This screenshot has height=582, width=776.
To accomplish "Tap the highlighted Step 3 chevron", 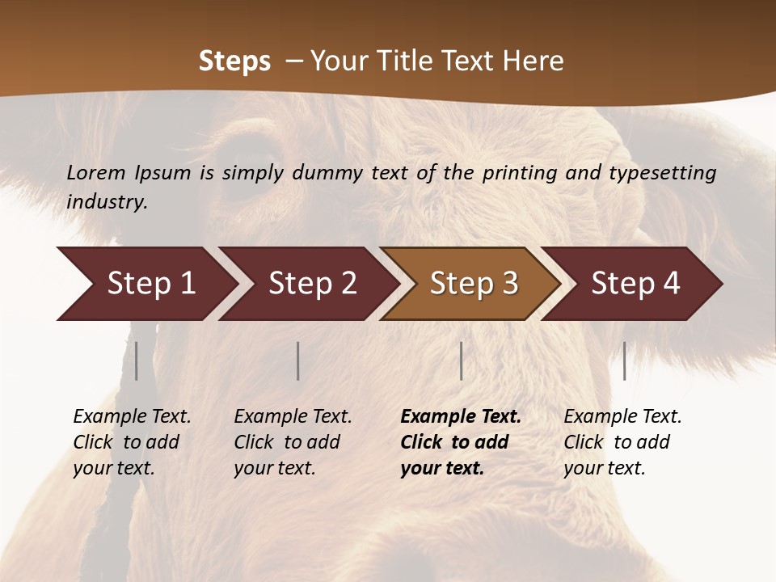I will coord(474,284).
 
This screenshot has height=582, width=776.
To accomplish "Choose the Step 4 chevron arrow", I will coord(635,284).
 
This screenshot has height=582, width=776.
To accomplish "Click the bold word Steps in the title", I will coord(234,61).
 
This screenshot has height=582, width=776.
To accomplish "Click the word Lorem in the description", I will coord(96,172).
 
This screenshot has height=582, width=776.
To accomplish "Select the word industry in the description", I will coord(107,202).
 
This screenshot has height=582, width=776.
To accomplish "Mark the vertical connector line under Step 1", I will coord(137,361).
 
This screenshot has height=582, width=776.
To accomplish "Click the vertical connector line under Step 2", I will coord(298,361).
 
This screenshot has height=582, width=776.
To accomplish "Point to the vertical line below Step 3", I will coord(461,361).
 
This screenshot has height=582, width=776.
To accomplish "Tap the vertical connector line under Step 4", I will coord(624,361).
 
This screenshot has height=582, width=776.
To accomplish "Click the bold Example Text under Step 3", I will coord(461,416).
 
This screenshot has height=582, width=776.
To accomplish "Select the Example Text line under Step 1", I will coord(132,416).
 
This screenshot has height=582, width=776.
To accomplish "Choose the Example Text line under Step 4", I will coord(622,416).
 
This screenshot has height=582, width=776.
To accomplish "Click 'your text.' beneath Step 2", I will coord(274,468).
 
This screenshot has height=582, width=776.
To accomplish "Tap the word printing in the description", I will coord(521,172).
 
